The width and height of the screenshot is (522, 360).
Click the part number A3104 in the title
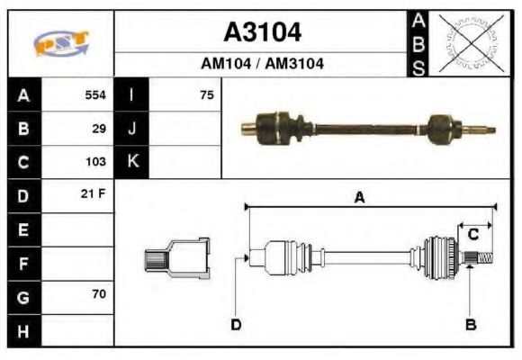262,32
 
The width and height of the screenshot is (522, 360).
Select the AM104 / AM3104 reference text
262,64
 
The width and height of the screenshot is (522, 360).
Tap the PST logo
60,43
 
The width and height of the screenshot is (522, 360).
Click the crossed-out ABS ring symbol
469,43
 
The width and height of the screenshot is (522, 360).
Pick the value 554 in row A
95,94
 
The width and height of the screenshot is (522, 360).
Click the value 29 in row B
99,128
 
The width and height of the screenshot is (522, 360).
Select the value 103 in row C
95,162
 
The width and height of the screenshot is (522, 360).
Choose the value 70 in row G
99,295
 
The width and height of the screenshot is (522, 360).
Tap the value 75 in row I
207,94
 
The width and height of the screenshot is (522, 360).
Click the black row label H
22,330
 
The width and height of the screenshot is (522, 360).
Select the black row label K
132,162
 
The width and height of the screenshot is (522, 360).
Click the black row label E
22,229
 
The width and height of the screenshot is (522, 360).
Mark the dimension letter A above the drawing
359,199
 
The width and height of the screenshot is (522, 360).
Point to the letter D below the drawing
236,324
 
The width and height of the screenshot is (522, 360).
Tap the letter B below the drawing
470,324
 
